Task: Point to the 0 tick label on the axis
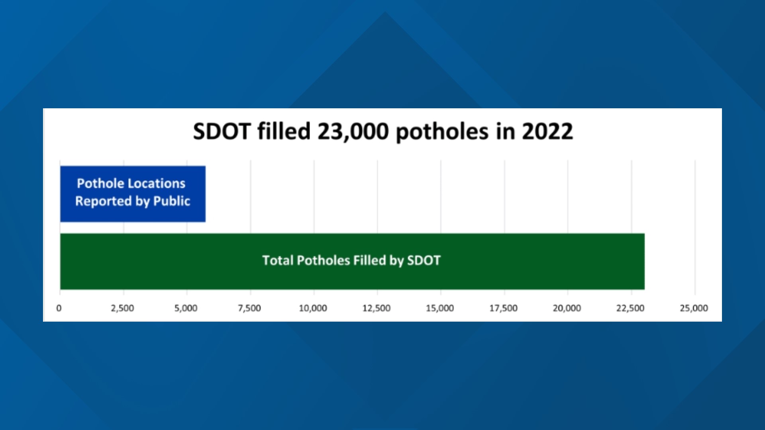[x=59, y=308]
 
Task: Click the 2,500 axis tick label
[x=122, y=308]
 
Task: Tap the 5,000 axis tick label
[x=186, y=308]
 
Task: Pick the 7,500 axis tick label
[x=249, y=308]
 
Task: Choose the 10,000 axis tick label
[x=313, y=308]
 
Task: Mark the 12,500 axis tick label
[x=377, y=308]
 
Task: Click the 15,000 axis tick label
[x=440, y=308]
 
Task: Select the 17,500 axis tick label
[x=503, y=308]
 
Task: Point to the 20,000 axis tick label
[x=567, y=308]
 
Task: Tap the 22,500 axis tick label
[x=630, y=308]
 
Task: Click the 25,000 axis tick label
[x=694, y=308]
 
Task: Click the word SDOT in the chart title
[x=222, y=131]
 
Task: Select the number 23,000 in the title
[x=353, y=131]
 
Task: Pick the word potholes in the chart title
[x=442, y=132]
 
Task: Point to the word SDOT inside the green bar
[x=424, y=260]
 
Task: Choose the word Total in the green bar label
[x=278, y=260]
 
